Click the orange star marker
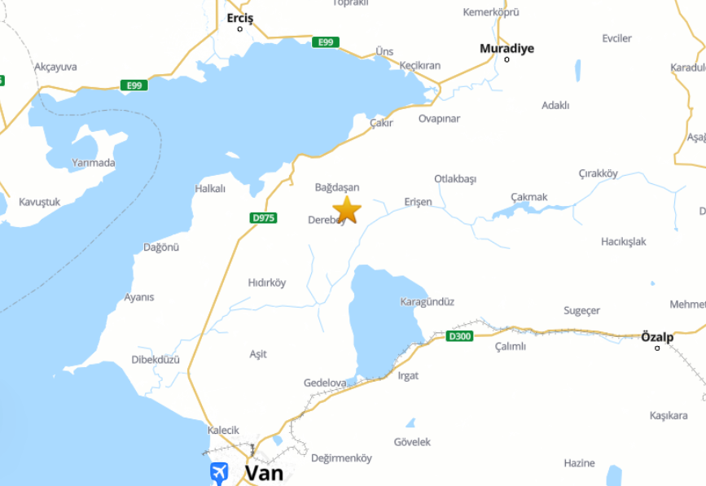click(x=347, y=209)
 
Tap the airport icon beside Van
click(x=219, y=473)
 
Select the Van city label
click(x=264, y=472)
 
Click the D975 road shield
click(x=264, y=217)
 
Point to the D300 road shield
click(x=459, y=335)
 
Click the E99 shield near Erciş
click(x=325, y=42)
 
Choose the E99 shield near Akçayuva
click(x=134, y=85)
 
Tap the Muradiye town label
click(x=506, y=49)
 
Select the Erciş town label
click(x=240, y=18)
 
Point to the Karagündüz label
click(x=427, y=302)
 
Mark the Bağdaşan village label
click(x=337, y=187)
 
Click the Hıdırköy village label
click(x=267, y=282)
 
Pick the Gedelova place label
click(x=325, y=383)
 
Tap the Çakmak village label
click(x=529, y=197)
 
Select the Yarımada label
click(x=94, y=163)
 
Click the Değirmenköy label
click(x=341, y=458)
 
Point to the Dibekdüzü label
click(x=156, y=359)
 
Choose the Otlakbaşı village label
click(x=455, y=179)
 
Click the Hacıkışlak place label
click(x=623, y=242)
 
